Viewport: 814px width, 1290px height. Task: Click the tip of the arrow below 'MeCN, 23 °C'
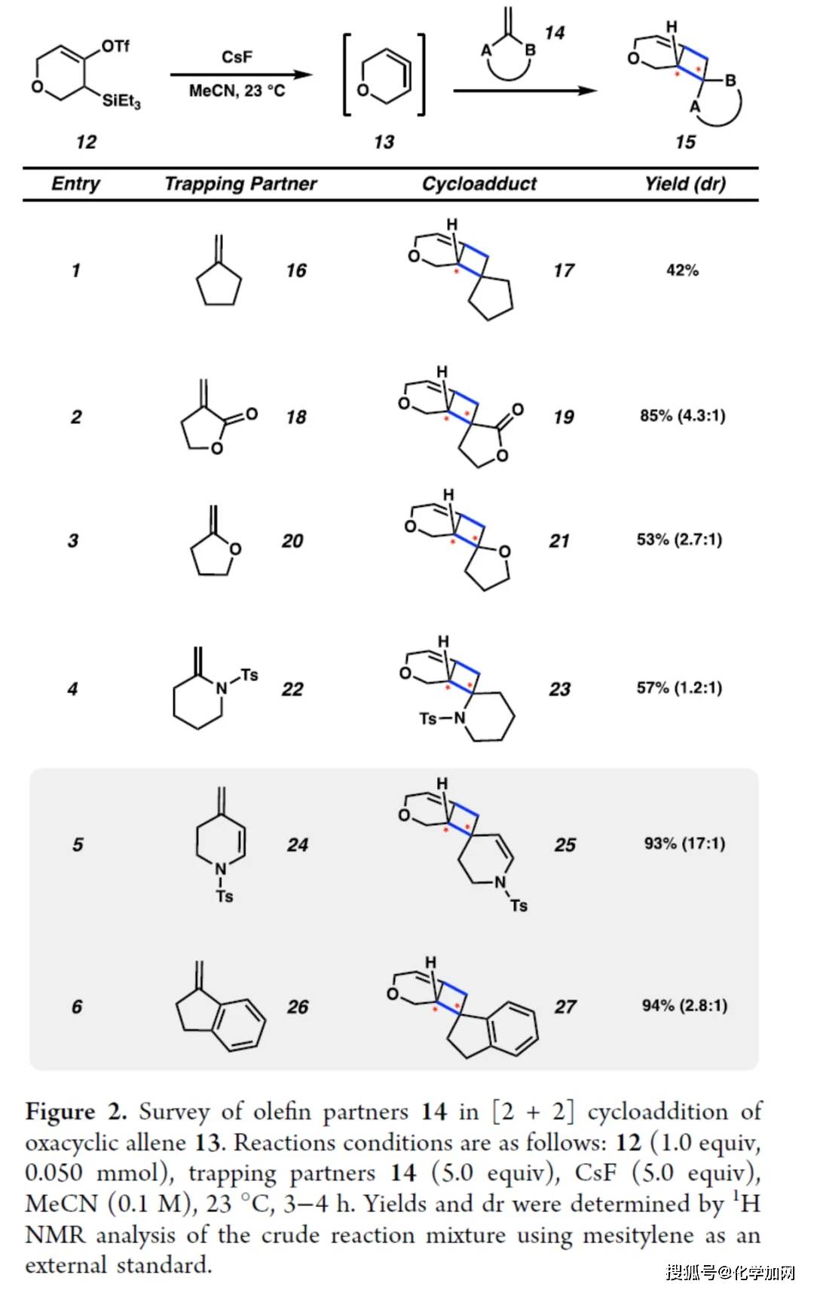coord(312,75)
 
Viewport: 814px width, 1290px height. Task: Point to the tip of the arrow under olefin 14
coord(597,90)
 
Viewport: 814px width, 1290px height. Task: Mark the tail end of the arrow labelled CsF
coord(171,75)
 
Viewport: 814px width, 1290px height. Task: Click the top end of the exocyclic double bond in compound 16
coord(218,236)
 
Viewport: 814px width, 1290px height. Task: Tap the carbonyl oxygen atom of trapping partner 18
coord(251,414)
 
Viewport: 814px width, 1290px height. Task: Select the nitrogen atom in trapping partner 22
coord(222,688)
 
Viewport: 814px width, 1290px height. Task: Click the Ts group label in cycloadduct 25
coord(519,906)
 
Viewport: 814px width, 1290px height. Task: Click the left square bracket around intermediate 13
coord(347,75)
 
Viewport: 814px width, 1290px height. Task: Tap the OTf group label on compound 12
coord(115,46)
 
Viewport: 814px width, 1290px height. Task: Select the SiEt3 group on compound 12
coord(121,102)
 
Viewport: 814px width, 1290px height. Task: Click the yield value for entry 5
coord(684,844)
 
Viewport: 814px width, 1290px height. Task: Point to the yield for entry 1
coord(683,270)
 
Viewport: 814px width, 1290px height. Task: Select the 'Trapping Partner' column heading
coord(240,184)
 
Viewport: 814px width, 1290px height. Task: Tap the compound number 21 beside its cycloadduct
coord(558,541)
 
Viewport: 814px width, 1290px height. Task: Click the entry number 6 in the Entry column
coord(77,1006)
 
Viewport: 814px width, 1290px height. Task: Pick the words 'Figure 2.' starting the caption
coord(75,1111)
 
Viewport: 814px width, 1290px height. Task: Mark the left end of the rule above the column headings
coord(23,169)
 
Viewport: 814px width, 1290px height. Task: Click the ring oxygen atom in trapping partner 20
coord(235,549)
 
